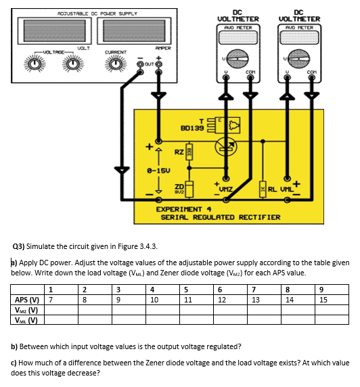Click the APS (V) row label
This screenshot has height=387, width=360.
(x=26, y=300)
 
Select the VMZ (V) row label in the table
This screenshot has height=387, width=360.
(x=25, y=310)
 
